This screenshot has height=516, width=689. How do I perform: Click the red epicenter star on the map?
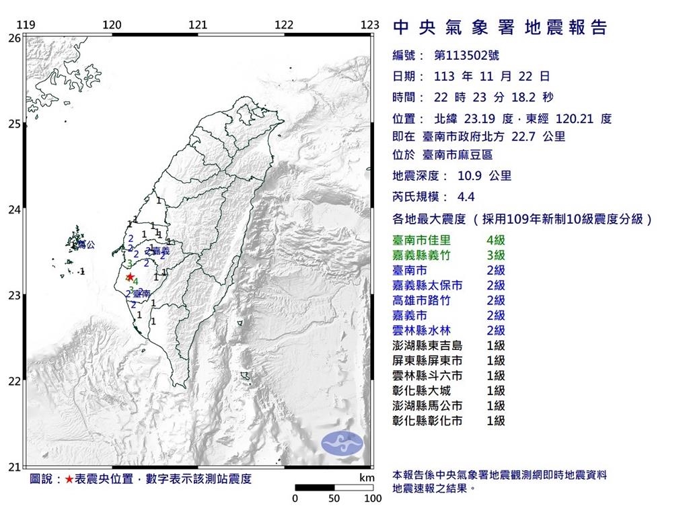pos(129,276)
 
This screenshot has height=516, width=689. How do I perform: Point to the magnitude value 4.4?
pos(466,198)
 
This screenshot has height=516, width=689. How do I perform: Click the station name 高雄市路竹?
pos(421,300)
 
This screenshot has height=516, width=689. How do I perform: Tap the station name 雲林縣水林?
pos(421,331)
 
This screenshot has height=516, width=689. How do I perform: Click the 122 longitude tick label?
pos(284,25)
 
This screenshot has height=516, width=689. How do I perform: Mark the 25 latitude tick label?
pos(13,124)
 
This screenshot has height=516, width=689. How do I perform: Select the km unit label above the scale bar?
pos(367,478)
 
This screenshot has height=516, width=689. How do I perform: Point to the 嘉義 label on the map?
pos(161,251)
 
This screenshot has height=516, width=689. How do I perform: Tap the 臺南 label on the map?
pos(141,294)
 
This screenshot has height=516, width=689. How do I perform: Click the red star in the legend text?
pos(69,479)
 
